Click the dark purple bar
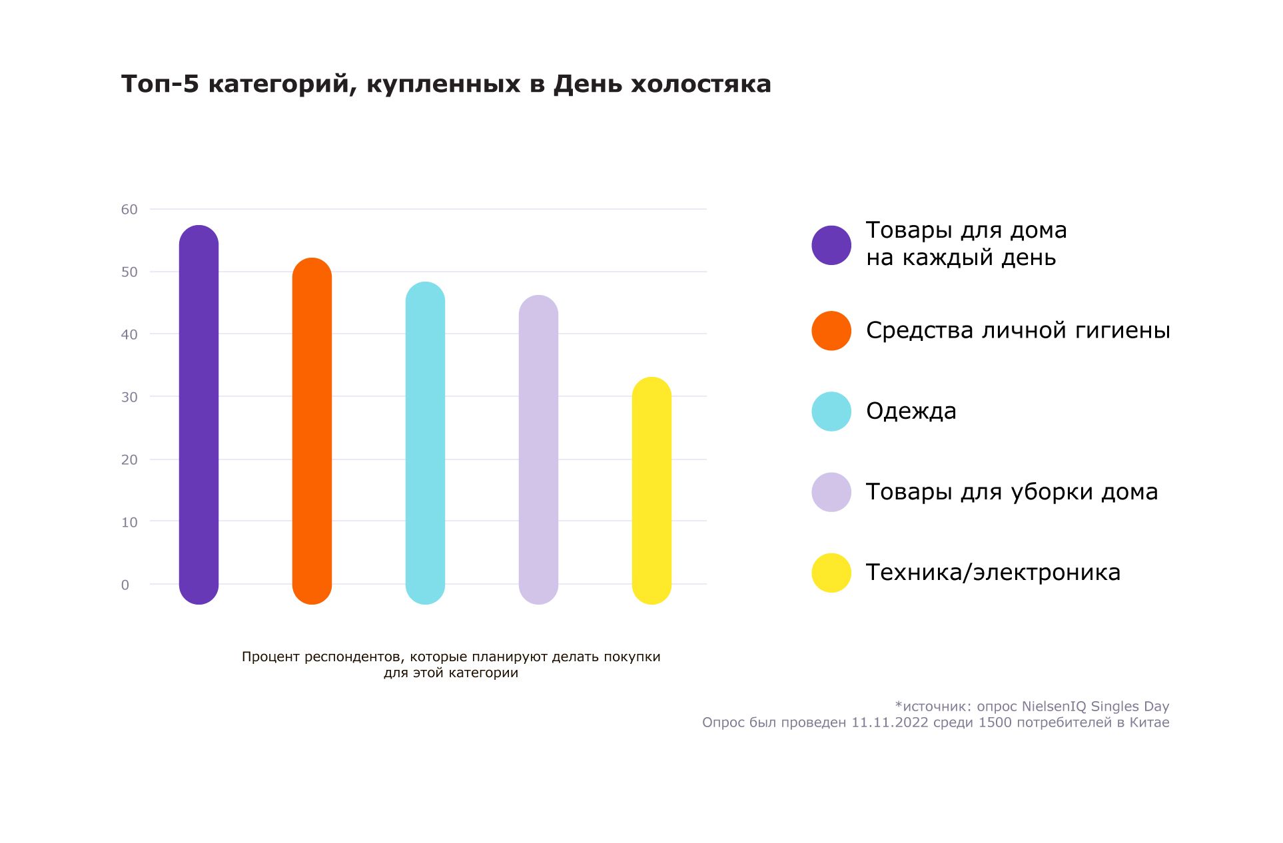pyautogui.click(x=199, y=414)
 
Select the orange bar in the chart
pyautogui.click(x=312, y=431)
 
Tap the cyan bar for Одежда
pyautogui.click(x=425, y=443)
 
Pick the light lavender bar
pyautogui.click(x=538, y=449)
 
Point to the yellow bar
pyautogui.click(x=651, y=491)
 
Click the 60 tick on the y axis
pyautogui.click(x=129, y=210)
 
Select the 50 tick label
pyautogui.click(x=129, y=272)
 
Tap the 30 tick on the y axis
pyautogui.click(x=129, y=397)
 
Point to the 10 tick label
pyautogui.click(x=129, y=522)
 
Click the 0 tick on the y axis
pyautogui.click(x=125, y=585)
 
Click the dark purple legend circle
pyautogui.click(x=831, y=245)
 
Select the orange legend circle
pyautogui.click(x=831, y=330)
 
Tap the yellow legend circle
pyautogui.click(x=831, y=573)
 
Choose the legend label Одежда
pyautogui.click(x=911, y=412)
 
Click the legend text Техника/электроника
pyautogui.click(x=993, y=573)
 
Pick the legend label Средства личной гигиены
pyautogui.click(x=1017, y=330)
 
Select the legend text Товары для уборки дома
pyautogui.click(x=1011, y=492)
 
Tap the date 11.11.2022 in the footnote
pyautogui.click(x=889, y=722)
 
